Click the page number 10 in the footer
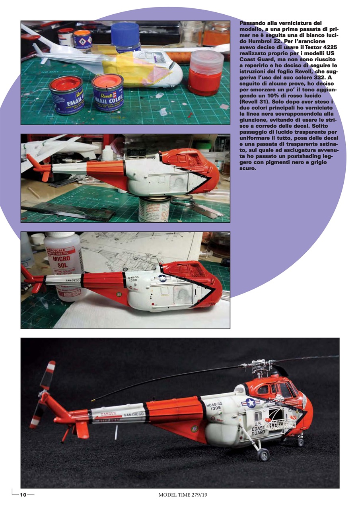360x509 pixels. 23,495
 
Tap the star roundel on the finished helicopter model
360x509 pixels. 251,403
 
